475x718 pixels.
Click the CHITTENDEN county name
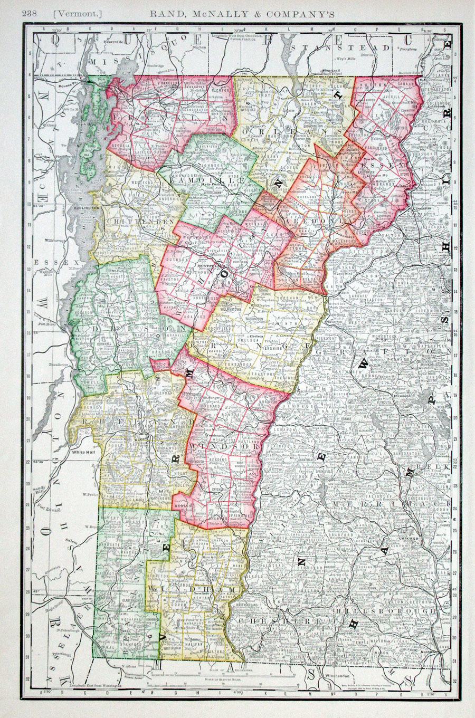(125, 222)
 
